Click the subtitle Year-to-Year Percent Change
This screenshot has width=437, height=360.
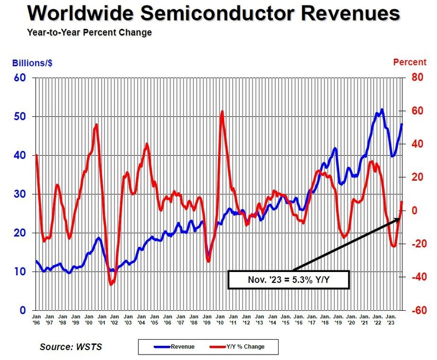coord(89,32)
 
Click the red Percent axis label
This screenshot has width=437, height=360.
coord(410,62)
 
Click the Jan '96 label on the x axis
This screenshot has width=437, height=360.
coord(36,319)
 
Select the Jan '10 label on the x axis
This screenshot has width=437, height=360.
coord(220,319)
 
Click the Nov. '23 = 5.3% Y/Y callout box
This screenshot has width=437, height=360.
coord(288,281)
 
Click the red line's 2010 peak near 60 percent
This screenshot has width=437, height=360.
coord(222,111)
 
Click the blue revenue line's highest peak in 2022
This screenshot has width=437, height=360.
coord(381,109)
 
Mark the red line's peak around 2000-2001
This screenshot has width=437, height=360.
coord(96,125)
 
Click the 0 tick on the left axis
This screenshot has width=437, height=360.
coord(23,310)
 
